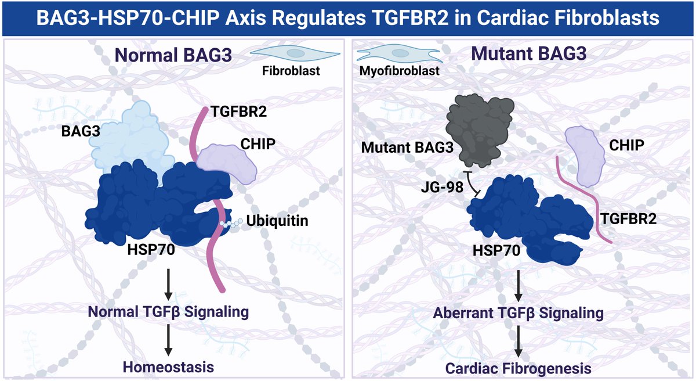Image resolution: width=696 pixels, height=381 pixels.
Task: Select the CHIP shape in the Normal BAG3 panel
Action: pos(227,163)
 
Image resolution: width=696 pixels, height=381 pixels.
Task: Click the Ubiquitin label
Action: pos(273,222)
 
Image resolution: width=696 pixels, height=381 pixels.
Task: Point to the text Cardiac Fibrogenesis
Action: pos(518,368)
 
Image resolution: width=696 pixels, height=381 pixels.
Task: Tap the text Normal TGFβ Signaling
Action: pos(169,312)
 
